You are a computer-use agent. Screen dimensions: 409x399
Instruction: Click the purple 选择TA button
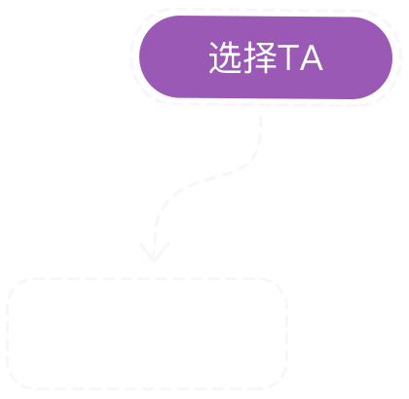(x=266, y=57)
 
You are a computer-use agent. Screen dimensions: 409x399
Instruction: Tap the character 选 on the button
(x=225, y=57)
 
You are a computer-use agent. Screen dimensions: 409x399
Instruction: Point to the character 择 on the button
(x=260, y=57)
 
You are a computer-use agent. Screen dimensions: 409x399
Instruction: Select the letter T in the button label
(x=288, y=57)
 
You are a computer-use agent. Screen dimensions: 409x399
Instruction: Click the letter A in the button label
(x=312, y=57)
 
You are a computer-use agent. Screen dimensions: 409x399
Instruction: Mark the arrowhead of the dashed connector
(x=154, y=252)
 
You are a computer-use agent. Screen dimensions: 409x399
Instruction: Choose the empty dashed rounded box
(x=147, y=334)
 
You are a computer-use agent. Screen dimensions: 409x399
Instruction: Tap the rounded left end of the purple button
(x=143, y=57)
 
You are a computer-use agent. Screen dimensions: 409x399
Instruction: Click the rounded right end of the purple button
(x=389, y=57)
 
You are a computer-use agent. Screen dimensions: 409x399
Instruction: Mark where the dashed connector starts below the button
(x=261, y=117)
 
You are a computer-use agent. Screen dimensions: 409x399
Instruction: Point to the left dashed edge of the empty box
(x=7, y=334)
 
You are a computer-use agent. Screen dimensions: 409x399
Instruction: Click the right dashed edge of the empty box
(x=286, y=334)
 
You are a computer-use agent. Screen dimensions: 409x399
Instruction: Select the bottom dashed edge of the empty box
(x=147, y=388)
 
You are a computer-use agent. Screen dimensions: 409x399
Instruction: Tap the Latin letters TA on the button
(x=301, y=57)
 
